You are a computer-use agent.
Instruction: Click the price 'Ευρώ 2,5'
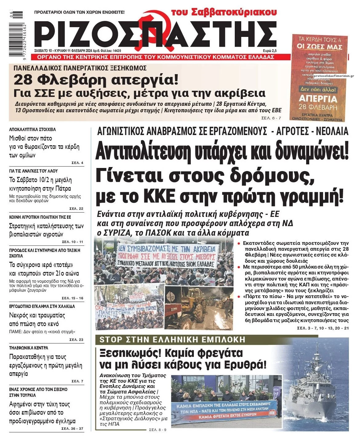[x=270, y=51]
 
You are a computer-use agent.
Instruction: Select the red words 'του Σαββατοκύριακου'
[x=224, y=12]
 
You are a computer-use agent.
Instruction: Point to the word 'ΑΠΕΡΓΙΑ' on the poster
[x=318, y=99]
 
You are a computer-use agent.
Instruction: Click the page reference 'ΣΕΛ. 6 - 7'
[x=271, y=118]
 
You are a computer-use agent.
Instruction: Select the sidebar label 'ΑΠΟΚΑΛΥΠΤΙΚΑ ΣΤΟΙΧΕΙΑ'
[x=32, y=130]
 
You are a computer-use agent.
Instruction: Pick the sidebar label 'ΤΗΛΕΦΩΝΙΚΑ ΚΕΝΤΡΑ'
[x=29, y=348]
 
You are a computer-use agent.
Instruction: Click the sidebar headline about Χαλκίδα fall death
[x=37, y=320]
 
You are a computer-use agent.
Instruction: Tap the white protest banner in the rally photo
[x=166, y=255]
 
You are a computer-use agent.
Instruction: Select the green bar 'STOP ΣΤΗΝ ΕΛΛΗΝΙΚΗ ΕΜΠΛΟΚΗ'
[x=172, y=340]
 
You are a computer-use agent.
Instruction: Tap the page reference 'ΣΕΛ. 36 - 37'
[x=72, y=429]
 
